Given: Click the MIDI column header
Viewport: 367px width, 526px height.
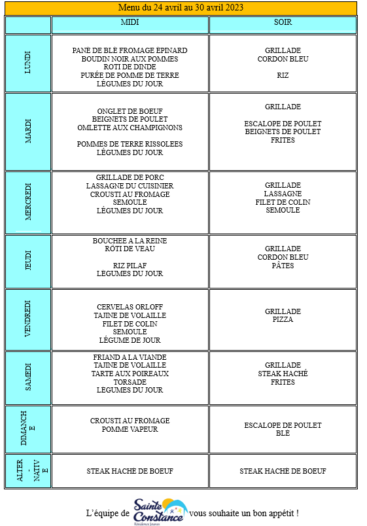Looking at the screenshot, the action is coord(130,22).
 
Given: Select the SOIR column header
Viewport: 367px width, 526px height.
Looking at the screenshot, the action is coord(283,22).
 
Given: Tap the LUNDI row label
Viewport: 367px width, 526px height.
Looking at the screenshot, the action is coord(28,63).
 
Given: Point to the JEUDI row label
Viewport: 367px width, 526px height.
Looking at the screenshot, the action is coord(28,260).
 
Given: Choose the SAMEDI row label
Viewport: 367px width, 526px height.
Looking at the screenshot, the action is coord(28,377).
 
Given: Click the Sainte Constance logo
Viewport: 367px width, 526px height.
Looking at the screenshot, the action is coord(160,512).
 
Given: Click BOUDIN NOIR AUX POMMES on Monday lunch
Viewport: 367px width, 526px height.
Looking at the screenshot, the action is coord(130,59).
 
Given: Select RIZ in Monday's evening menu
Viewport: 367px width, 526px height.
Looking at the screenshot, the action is coord(283,75).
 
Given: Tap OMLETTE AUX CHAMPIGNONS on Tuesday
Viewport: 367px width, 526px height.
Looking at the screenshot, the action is coord(130,128).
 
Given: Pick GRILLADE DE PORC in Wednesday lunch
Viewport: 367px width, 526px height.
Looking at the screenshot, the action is coord(130,177).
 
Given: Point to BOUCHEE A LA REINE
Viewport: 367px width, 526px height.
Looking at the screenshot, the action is coord(130,241).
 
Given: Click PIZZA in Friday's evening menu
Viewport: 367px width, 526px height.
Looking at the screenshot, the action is coord(283,319).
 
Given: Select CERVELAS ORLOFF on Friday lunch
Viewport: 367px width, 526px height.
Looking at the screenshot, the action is coord(130,307).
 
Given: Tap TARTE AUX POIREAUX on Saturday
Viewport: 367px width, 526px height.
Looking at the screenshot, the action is coord(130,374).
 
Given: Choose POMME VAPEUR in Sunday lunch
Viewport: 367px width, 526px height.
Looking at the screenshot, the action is coord(130,429).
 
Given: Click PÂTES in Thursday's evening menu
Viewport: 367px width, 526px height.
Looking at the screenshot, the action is coord(283,266).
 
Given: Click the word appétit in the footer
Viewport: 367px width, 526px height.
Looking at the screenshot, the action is coord(283,514).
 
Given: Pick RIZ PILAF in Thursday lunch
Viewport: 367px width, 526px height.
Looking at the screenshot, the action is coord(130,266).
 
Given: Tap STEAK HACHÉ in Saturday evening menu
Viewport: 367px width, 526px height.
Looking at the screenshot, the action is coord(283,374).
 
